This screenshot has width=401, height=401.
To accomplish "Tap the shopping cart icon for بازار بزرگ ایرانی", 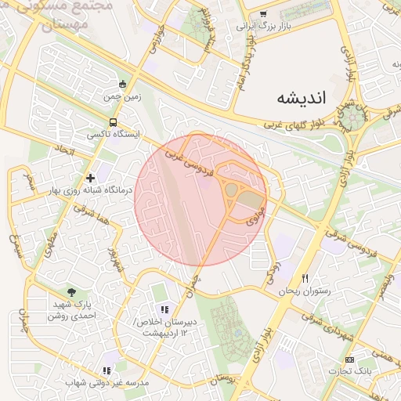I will [263, 13].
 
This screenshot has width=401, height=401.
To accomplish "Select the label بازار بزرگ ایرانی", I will [263, 26].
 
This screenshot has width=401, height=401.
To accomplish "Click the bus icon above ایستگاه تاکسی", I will [114, 122].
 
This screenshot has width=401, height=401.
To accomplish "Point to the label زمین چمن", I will [121, 98].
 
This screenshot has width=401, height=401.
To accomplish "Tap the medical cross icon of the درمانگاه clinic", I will [91, 178].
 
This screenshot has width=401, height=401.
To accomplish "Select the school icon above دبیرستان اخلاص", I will [164, 309].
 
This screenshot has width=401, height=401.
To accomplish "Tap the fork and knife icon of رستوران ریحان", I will [305, 279].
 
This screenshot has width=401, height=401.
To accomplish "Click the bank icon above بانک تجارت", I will [349, 359].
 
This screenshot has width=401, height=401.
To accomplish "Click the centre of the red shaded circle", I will [201, 199].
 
